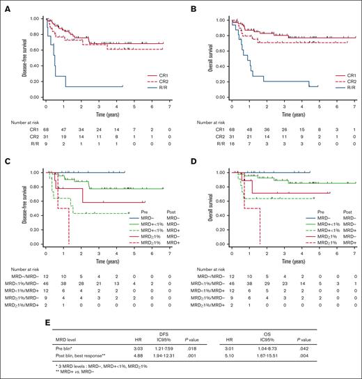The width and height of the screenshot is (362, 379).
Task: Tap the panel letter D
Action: pyautogui.click(x=188, y=161)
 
